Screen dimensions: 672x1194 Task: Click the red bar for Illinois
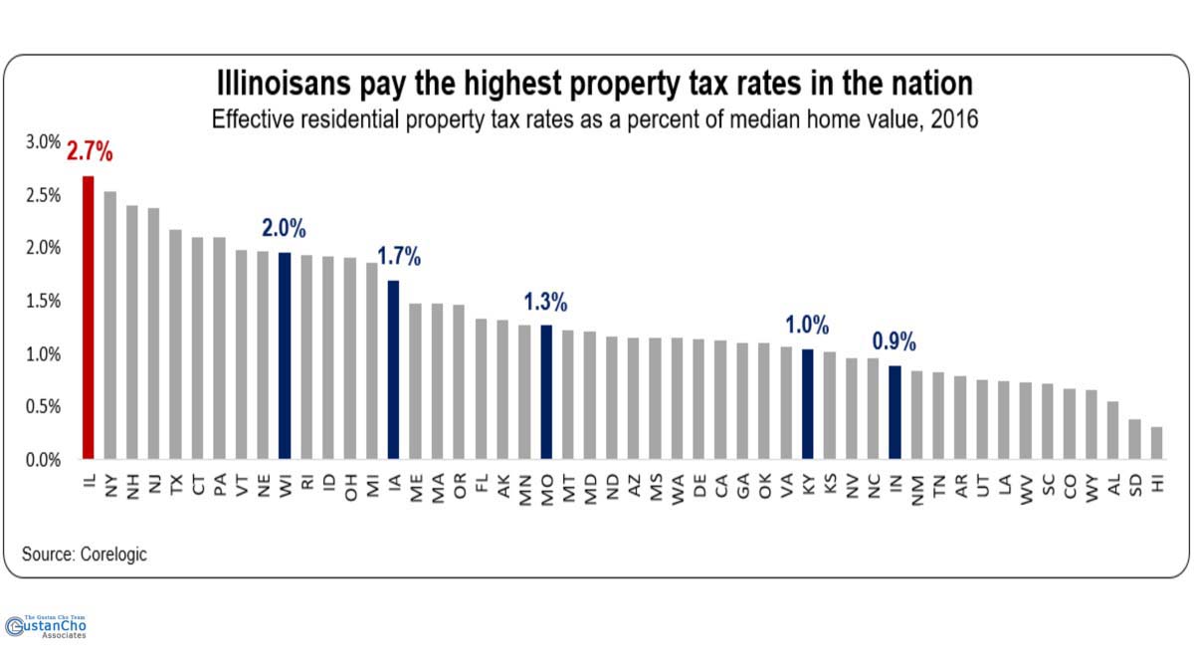[x=88, y=318]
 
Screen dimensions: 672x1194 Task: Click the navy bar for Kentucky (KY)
[x=807, y=404]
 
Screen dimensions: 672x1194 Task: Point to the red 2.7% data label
[x=90, y=153]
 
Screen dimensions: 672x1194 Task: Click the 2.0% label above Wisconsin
[x=285, y=228]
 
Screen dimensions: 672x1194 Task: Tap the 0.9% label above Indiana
[x=895, y=341]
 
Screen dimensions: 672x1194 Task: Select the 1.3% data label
[x=546, y=301]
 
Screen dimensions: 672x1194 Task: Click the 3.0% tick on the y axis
[x=43, y=141]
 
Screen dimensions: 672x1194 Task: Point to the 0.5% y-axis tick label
[x=43, y=406]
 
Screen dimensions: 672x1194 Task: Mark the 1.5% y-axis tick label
[x=43, y=301]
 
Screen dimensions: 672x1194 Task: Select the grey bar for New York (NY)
[x=109, y=325]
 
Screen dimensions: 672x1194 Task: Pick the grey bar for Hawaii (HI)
[x=1156, y=443]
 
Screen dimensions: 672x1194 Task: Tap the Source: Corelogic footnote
[x=85, y=555]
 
